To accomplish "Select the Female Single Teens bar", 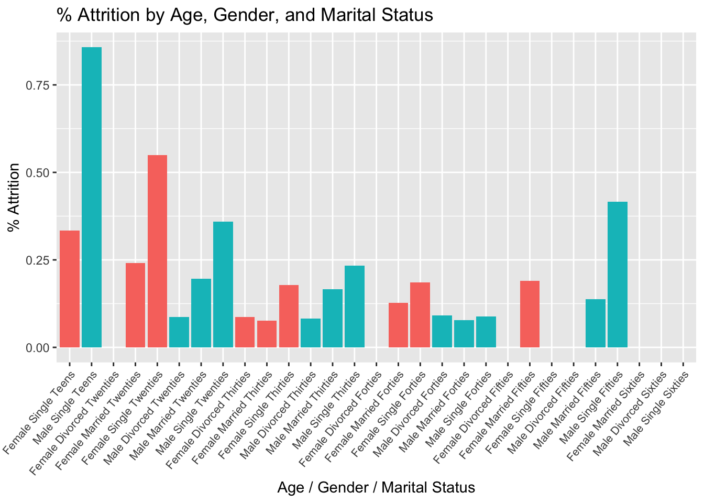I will (70, 289).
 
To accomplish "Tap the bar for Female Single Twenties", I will (157, 251).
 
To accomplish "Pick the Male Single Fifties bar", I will (618, 275).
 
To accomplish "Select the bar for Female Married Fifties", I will (530, 314).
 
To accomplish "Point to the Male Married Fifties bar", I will (596, 323).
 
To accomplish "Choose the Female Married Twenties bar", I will (135, 305).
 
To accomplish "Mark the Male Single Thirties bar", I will (355, 307).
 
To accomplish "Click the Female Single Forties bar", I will (420, 315).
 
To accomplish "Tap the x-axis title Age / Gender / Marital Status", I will (376, 488).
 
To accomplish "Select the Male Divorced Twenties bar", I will (179, 332).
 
